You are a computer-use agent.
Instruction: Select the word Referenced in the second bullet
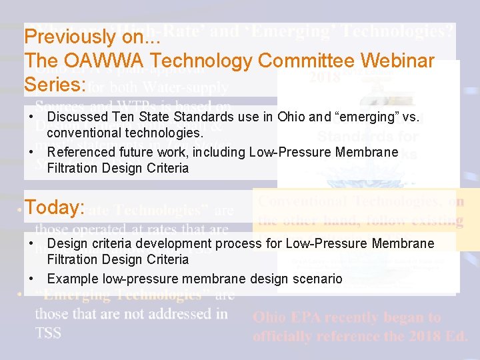pos(79,153)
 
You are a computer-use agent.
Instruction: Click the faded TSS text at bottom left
pos(49,333)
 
